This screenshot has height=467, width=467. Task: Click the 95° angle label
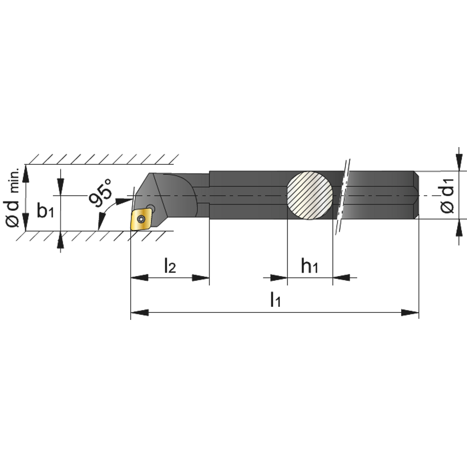point(100,192)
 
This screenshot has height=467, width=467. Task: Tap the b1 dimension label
point(45,210)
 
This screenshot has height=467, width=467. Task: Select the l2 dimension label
point(170,266)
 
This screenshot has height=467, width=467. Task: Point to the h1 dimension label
point(310,266)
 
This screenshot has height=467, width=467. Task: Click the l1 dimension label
point(276,299)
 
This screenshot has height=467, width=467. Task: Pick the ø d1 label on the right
point(447,195)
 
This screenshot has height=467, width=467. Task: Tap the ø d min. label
point(12,197)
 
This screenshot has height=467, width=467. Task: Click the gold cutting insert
point(142,219)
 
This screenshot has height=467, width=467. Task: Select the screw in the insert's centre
point(141,219)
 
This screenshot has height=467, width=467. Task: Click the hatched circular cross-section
point(310,195)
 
